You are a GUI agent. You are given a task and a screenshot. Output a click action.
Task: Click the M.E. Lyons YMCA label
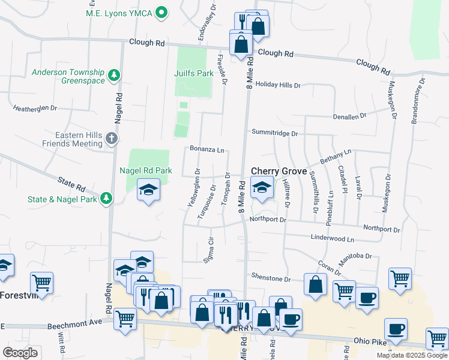[118, 12]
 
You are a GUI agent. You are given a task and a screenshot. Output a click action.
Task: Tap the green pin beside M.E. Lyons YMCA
[161, 12]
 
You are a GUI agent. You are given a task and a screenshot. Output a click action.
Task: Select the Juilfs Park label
[194, 74]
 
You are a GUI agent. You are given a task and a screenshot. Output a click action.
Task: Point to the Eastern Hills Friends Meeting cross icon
[111, 139]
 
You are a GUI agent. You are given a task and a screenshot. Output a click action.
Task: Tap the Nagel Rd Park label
[146, 170]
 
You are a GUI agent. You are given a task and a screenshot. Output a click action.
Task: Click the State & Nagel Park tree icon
[106, 199]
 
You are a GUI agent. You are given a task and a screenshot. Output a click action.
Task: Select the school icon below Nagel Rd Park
[148, 191]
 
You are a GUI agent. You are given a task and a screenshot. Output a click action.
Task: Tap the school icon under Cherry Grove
[262, 188]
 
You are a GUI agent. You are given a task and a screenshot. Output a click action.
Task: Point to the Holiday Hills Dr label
[277, 85]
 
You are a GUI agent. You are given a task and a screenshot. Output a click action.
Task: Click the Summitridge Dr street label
[274, 132]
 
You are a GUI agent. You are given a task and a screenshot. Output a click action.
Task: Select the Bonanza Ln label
[206, 149]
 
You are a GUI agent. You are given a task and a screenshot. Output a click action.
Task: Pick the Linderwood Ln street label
[332, 238]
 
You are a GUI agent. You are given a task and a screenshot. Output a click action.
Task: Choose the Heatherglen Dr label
[35, 109]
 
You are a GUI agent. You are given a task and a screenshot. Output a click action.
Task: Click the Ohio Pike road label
[369, 341]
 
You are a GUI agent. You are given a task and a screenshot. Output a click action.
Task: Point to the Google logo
[20, 352]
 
